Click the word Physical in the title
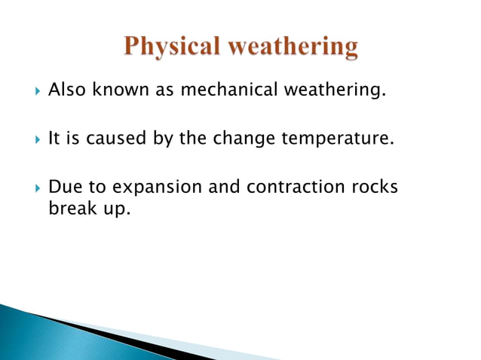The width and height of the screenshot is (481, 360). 171,47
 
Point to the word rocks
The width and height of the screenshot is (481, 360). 375,186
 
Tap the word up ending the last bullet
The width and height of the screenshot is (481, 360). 117,208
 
